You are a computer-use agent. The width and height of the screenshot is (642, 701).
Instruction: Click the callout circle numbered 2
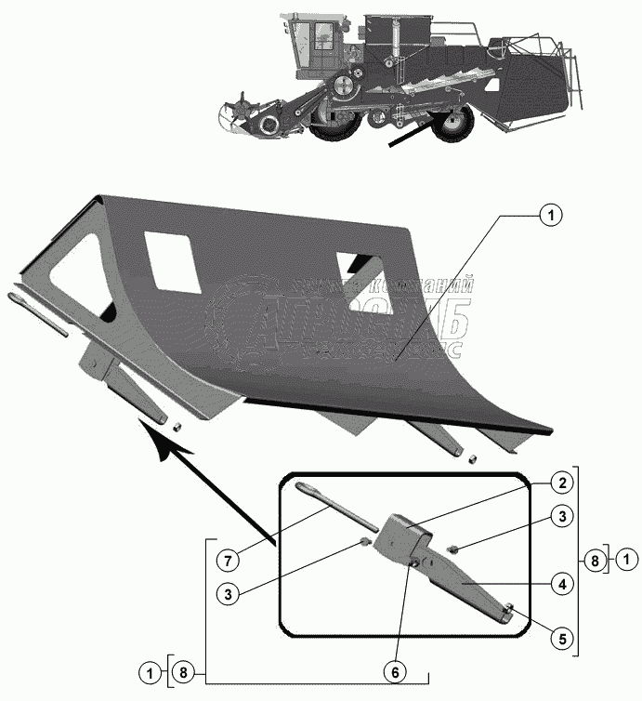pyautogui.click(x=560, y=483)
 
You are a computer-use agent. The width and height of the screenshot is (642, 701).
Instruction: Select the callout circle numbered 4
pyautogui.click(x=560, y=585)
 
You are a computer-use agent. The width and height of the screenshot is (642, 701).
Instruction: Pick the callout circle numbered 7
pyautogui.click(x=226, y=561)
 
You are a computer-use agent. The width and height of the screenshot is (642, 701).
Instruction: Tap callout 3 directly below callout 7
pyautogui.click(x=226, y=592)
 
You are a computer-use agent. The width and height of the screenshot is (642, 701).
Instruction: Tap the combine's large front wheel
pyautogui.click(x=333, y=126)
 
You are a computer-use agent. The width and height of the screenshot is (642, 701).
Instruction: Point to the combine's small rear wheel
pyautogui.click(x=452, y=126)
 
